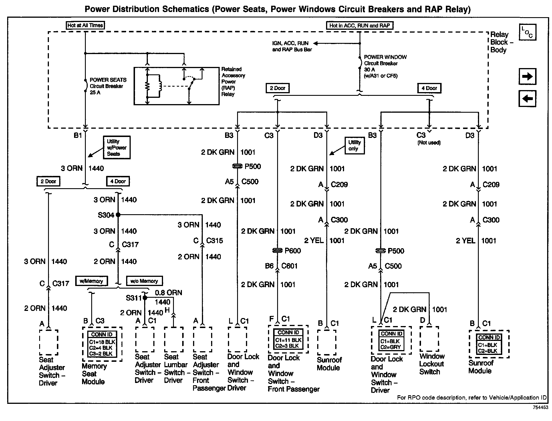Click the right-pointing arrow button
point(527,76)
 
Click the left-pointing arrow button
point(527,99)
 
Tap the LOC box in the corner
point(527,32)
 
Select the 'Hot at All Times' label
point(85,25)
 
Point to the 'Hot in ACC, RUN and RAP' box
point(360,25)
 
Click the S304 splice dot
point(118,215)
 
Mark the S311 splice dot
point(145,298)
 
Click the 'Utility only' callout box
point(354,146)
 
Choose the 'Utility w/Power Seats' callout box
point(117,147)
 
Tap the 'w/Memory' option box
point(92,281)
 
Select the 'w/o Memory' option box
point(144,281)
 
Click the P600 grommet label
point(293,251)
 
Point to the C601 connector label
point(289,266)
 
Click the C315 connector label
point(215,241)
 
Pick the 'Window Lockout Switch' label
point(432,364)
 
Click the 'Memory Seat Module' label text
point(94,374)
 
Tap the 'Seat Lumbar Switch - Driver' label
point(175,368)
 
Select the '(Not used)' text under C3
point(429,142)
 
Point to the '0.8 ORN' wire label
point(168,293)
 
